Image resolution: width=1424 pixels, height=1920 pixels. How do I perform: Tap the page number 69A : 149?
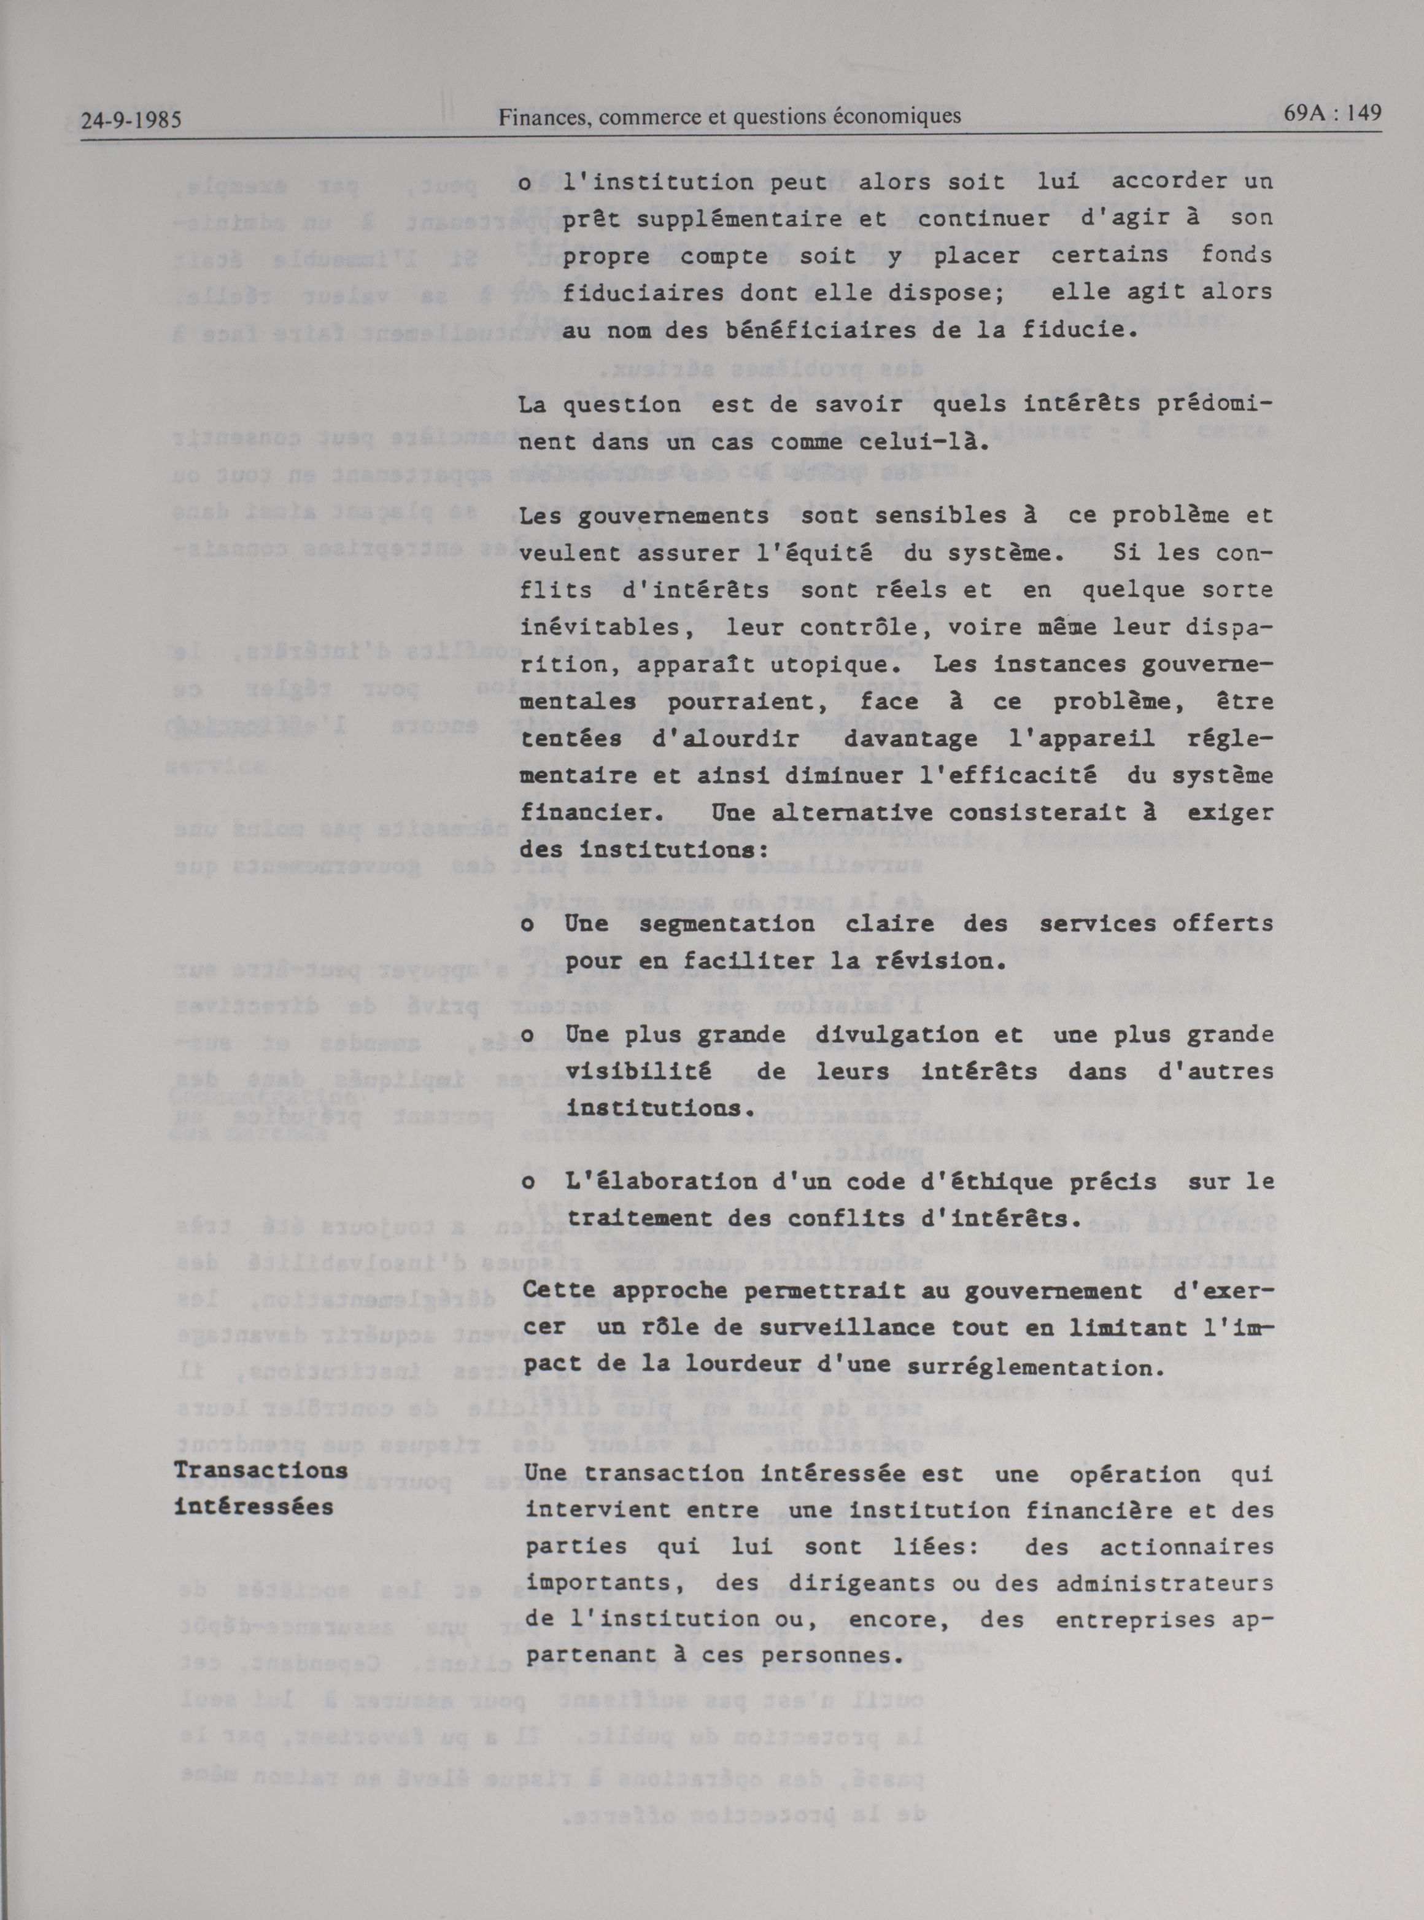[x=1333, y=113]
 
